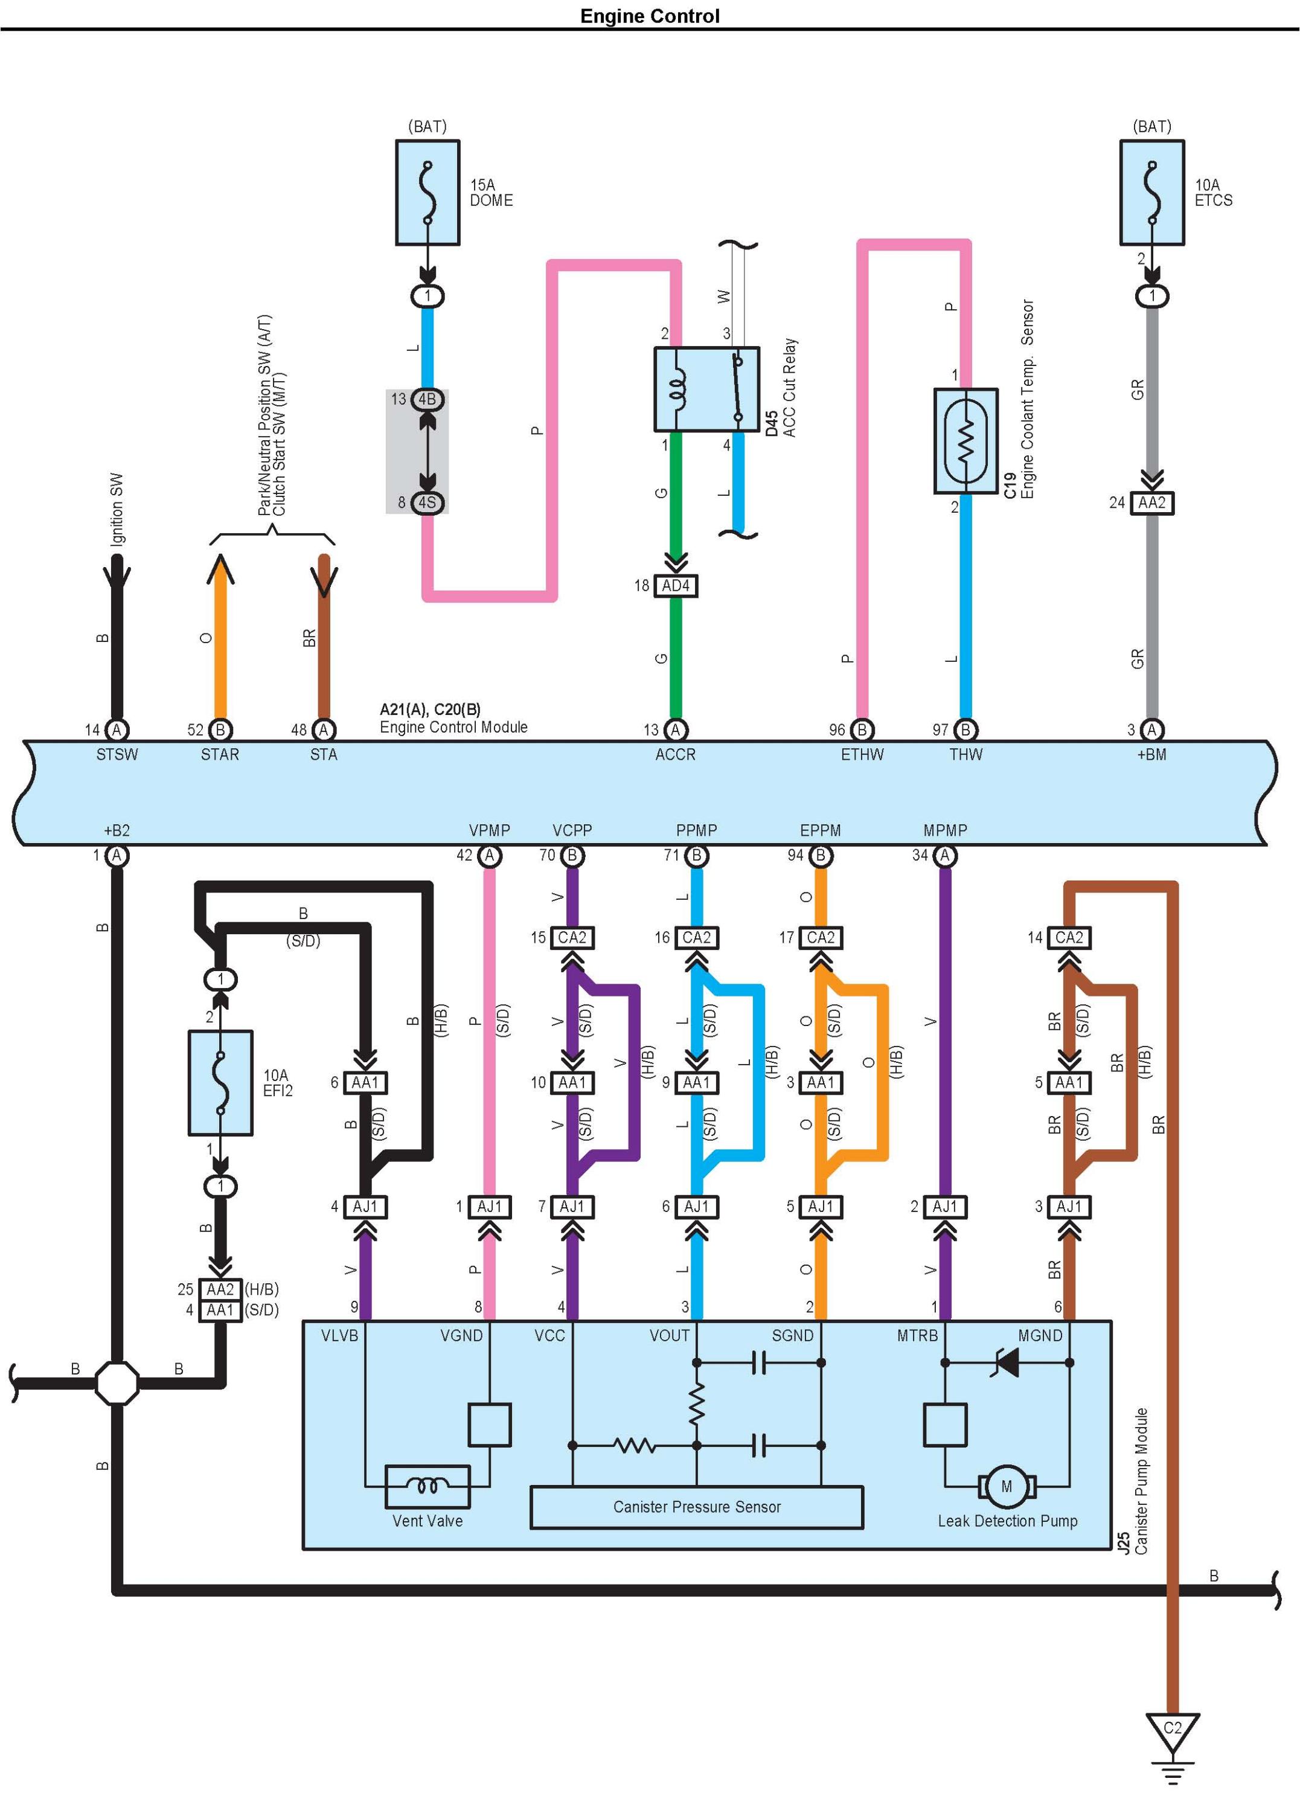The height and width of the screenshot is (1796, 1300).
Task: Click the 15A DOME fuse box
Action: [x=427, y=193]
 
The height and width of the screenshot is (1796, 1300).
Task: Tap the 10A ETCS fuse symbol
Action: [x=1152, y=193]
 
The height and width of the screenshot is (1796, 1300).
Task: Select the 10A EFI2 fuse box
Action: [x=220, y=1083]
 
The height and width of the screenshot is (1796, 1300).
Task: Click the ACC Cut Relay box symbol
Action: [x=707, y=389]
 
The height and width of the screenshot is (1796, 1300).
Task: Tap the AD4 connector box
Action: [x=675, y=585]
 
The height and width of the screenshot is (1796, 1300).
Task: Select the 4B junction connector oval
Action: [x=427, y=399]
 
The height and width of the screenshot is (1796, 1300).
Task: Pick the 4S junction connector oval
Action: [x=427, y=502]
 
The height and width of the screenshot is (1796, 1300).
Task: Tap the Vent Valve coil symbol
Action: [x=427, y=1486]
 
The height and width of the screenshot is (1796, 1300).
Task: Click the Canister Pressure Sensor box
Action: [x=697, y=1507]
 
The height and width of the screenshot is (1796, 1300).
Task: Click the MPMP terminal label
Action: [x=946, y=830]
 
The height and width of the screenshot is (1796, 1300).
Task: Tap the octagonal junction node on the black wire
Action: [x=117, y=1383]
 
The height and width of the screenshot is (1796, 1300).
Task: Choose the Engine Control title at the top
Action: [x=650, y=16]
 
